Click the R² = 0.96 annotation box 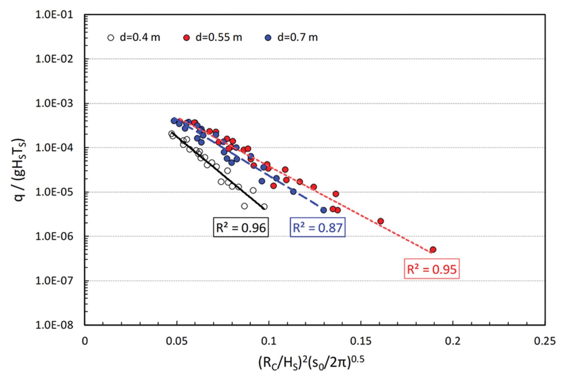(241, 227)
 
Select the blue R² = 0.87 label (317, 227)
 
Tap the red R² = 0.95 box (432, 269)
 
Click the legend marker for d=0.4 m (111, 38)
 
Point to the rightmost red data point (433, 250)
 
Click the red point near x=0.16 (380, 221)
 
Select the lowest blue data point (324, 210)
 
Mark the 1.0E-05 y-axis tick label (54, 192)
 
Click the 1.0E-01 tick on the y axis (54, 15)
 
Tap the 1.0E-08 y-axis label (54, 325)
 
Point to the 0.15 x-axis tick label (361, 341)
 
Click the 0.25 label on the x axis (545, 341)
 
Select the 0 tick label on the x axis (85, 341)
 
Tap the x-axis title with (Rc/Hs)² (311, 362)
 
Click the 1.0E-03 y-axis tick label (54, 103)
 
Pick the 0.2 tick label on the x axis (452, 341)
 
